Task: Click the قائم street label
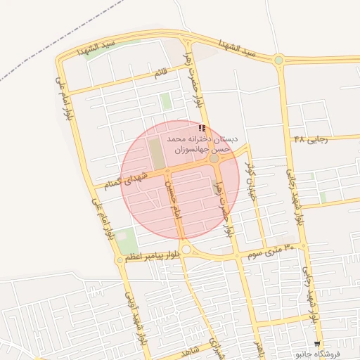click(x=162, y=72)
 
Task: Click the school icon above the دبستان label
click(x=202, y=129)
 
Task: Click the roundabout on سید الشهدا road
click(x=279, y=60)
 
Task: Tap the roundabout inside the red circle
click(x=214, y=159)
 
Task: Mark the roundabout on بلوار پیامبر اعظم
click(x=186, y=249)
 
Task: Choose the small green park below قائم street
click(x=166, y=101)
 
